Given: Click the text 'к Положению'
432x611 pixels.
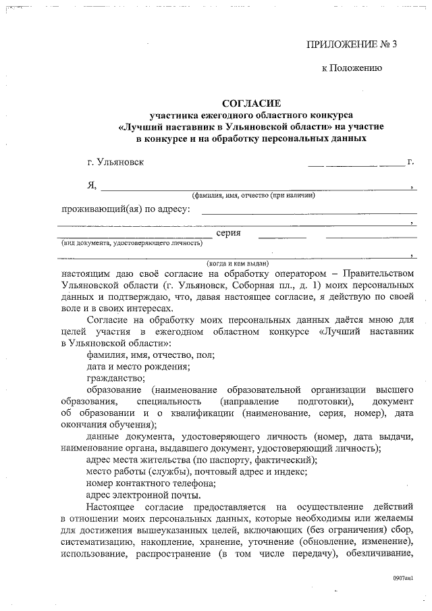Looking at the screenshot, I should tap(352, 68).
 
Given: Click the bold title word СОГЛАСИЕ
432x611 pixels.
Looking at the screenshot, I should tap(251, 103).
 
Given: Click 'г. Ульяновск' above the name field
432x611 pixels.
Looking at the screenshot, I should tap(115, 162).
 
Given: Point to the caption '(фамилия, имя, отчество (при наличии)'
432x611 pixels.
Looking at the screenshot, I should tap(253, 196).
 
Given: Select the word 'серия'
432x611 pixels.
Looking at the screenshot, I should tap(229, 234).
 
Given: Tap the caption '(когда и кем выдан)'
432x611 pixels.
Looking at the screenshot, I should tap(238, 263).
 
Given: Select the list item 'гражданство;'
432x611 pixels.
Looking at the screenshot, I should tap(116, 378).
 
